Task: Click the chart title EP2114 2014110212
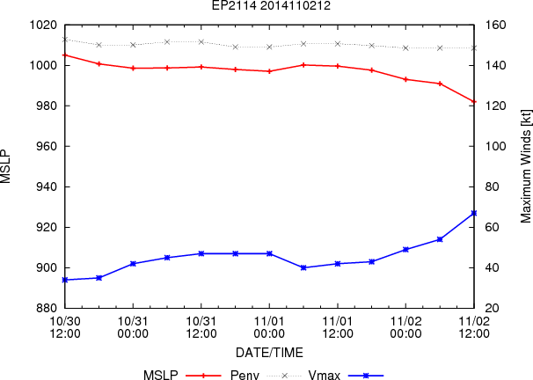pos(271,5)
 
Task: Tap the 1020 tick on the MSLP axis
pos(43,25)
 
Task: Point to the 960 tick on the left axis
pos(47,147)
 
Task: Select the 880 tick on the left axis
pos(47,308)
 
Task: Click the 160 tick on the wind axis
pos(495,25)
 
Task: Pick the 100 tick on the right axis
pos(495,147)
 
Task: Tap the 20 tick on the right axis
pos(492,308)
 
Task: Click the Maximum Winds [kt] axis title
pos(525,166)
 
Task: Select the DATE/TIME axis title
pos(269,353)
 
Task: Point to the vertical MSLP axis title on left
pos(6,166)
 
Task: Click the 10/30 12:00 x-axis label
pos(65,327)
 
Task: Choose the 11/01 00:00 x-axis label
pos(269,327)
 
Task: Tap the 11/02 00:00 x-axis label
pos(405,327)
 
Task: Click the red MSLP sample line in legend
pos(204,376)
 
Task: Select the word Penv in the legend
pos(245,376)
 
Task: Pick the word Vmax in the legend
pos(325,376)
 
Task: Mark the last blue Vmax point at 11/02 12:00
pos(474,213)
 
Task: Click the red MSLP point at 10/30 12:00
pos(65,55)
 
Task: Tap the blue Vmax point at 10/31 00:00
pos(134,264)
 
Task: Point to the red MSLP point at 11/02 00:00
pos(405,79)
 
